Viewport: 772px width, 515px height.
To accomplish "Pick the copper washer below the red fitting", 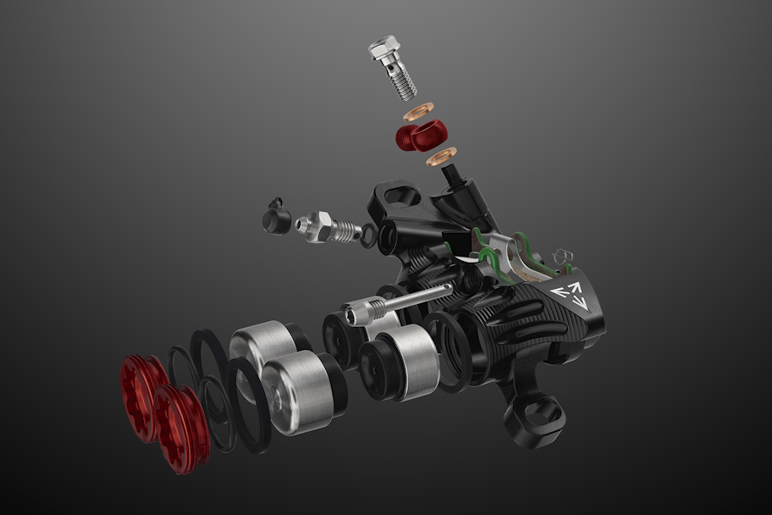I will (440, 156).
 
